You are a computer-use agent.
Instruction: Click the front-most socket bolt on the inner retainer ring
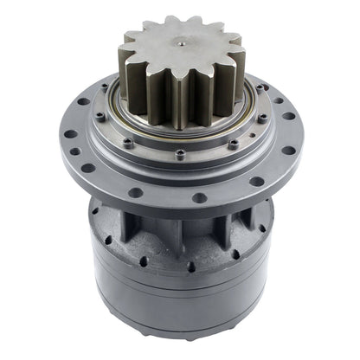tap(179, 157)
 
